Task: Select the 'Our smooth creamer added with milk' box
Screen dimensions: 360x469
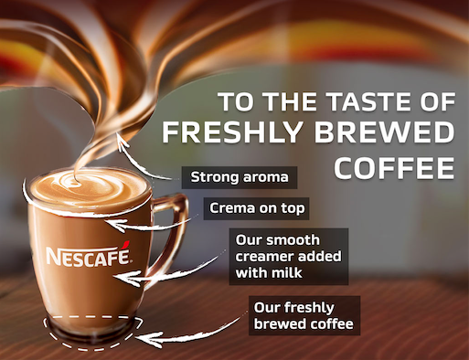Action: [288, 256]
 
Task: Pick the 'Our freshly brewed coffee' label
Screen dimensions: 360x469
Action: [304, 315]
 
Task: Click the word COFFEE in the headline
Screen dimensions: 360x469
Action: [394, 167]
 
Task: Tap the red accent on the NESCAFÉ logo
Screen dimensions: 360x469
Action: [125, 243]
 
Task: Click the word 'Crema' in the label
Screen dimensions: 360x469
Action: [229, 207]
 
